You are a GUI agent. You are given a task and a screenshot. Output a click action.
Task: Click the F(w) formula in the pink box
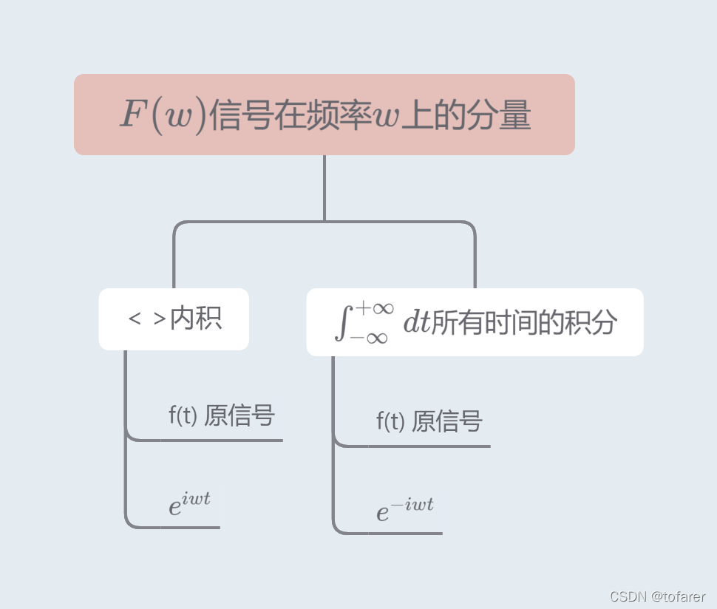[162, 116]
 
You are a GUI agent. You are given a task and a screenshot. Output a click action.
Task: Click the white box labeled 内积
[174, 319]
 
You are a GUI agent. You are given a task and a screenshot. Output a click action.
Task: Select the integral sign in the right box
[341, 323]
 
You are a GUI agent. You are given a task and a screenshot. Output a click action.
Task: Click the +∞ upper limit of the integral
[375, 307]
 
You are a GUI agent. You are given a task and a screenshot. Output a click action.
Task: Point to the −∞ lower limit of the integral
[369, 338]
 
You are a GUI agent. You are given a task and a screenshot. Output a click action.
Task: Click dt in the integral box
[416, 323]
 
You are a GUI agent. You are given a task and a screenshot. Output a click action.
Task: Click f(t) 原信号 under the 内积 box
[221, 415]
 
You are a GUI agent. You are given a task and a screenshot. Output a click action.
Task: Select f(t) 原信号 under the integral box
[429, 421]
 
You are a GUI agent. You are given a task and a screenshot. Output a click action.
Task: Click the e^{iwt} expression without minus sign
[189, 503]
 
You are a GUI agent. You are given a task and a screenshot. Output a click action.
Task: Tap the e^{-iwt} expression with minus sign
[404, 509]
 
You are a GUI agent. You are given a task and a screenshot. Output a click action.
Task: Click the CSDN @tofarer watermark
[657, 596]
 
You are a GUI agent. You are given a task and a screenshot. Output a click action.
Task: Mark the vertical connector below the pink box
[324, 188]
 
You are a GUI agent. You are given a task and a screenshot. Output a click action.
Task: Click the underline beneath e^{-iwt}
[392, 533]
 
